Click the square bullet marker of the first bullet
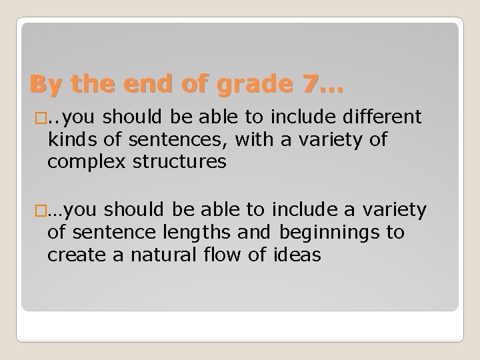click(34, 119)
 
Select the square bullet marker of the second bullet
click(34, 211)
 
